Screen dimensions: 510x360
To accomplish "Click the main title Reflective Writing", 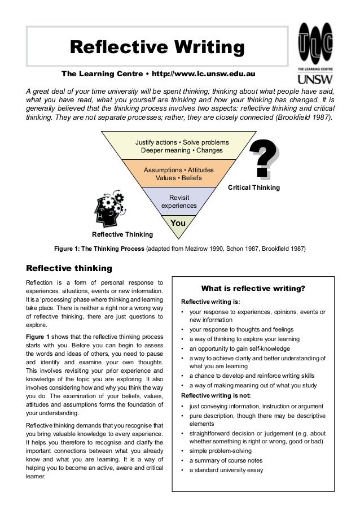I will click(x=157, y=47).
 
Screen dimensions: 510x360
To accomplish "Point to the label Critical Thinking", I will click(x=253, y=187).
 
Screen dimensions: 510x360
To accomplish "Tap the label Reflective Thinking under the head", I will click(x=122, y=234).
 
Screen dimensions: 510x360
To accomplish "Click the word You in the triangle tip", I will click(x=178, y=224).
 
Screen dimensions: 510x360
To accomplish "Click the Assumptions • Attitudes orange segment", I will click(x=179, y=173).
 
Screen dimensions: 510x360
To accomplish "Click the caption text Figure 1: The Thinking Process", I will click(x=99, y=249).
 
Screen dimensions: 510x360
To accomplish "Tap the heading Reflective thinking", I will click(x=69, y=267).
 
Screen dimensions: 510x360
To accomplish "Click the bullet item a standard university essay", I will click(x=226, y=470).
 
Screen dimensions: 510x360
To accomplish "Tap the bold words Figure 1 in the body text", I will click(x=38, y=337).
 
